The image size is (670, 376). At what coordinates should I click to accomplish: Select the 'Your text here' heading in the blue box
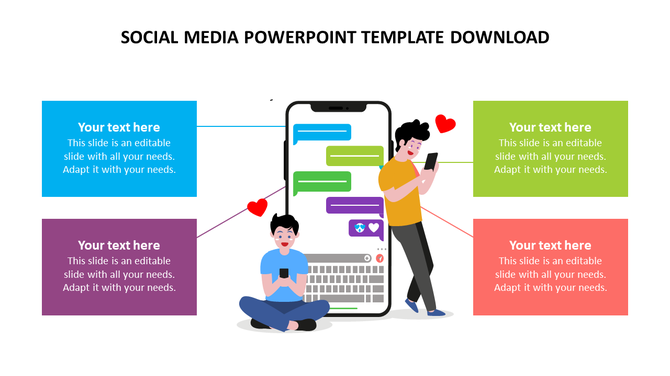pos(119,127)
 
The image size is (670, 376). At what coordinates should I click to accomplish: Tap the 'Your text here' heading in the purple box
pos(119,245)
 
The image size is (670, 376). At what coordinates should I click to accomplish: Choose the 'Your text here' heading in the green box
pos(550,127)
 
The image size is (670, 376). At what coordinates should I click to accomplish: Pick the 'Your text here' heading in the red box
pos(550,245)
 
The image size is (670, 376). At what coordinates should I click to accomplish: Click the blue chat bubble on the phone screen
pos(322,132)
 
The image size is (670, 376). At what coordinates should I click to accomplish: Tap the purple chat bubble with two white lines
pos(354,206)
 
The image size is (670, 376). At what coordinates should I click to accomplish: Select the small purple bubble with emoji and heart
pos(365,229)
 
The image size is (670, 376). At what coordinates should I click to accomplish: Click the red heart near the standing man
pos(445,124)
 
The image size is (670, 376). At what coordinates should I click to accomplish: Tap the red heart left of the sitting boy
pos(257,208)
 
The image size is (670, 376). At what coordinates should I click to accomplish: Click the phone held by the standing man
pos(431,161)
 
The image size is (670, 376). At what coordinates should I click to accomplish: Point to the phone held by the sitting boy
pos(283,273)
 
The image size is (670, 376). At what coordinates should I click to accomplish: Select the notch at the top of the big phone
pos(337,107)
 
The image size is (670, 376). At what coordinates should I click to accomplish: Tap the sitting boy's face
pos(285,239)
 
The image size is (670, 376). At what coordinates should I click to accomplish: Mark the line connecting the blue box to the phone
pos(240,127)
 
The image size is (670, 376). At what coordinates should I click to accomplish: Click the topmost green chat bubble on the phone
pos(355,155)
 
